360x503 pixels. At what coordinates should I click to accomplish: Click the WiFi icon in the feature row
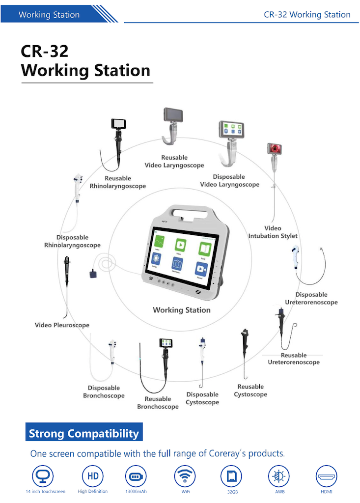tap(185, 476)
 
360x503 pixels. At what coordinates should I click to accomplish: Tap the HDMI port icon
tap(326, 476)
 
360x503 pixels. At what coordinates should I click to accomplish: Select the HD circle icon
tap(92, 476)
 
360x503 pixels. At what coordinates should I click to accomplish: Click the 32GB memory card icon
tap(231, 476)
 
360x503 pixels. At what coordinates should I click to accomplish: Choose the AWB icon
tap(278, 476)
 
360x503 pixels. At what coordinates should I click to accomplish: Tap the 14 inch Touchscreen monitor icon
tap(45, 476)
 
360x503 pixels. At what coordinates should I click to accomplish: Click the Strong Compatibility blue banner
tap(84, 434)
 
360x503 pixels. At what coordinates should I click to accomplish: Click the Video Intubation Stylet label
tap(273, 232)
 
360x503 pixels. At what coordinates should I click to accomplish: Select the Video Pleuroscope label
tap(62, 325)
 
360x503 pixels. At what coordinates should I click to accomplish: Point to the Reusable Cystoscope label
tap(250, 391)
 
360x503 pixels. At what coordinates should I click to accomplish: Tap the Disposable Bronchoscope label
tap(104, 392)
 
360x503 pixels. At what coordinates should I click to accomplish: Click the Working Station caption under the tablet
tap(182, 310)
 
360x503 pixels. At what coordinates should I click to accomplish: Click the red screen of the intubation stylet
tap(274, 149)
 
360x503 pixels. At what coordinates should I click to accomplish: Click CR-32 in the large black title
tap(45, 52)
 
